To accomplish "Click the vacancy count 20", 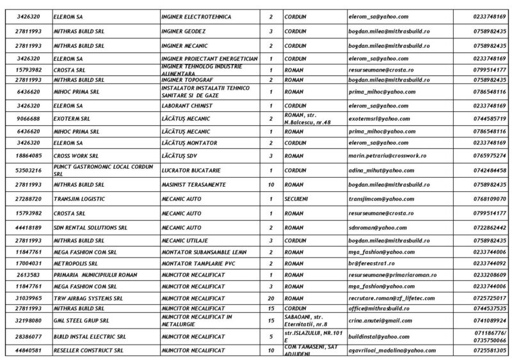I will (x=271, y=299).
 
